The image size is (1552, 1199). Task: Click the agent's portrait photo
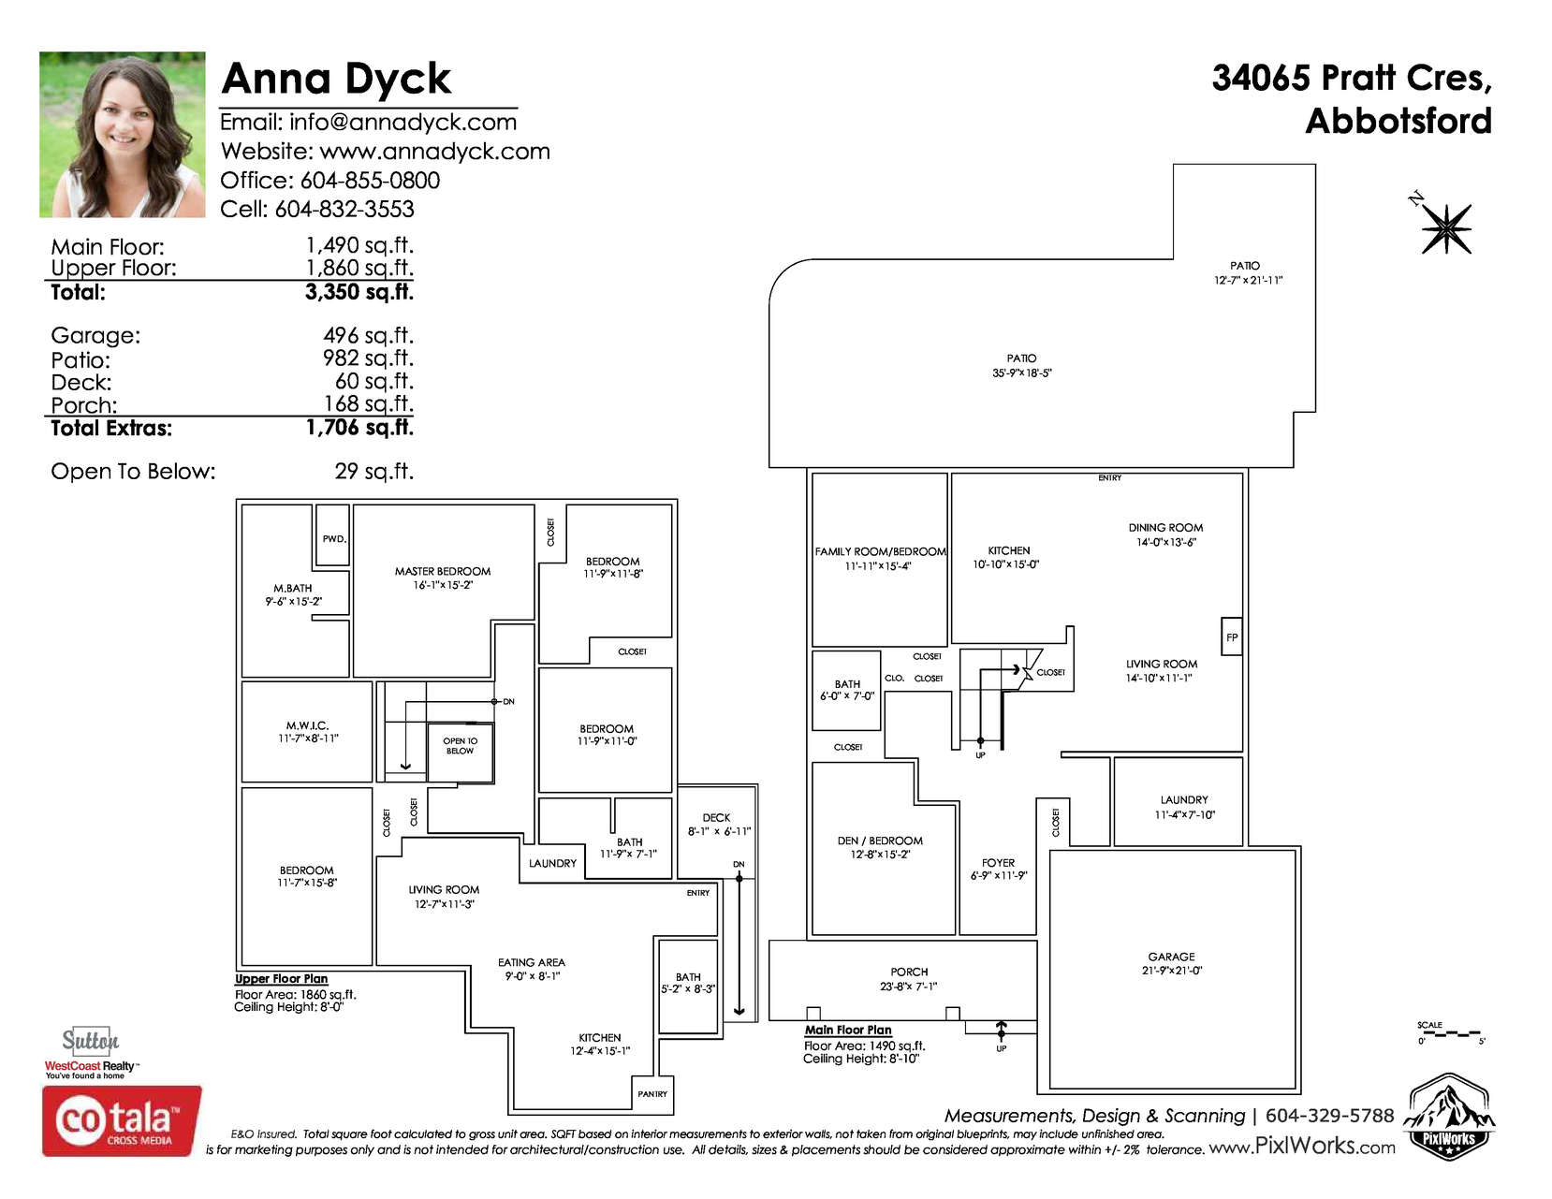coord(122,134)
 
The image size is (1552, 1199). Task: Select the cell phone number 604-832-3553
coord(344,210)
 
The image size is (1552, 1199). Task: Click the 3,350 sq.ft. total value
coord(359,292)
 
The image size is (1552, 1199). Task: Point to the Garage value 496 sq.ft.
coord(368,336)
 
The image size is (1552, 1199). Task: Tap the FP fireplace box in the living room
coord(1231,636)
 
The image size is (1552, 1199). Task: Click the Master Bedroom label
coord(443,571)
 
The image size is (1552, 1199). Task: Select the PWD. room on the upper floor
coord(333,534)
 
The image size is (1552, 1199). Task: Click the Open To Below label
coord(460,746)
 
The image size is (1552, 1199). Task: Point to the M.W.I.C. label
coord(307,725)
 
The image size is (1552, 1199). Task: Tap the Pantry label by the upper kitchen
coord(652,1094)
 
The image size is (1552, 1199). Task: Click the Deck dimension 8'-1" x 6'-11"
coord(719,831)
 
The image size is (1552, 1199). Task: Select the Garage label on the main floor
coord(1171,957)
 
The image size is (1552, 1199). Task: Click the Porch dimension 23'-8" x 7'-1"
coord(908,987)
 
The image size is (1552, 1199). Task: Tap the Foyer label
coord(998,863)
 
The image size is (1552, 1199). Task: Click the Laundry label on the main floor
coord(1183,800)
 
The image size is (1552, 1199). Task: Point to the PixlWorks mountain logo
coord(1448,1116)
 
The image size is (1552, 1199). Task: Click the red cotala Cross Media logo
coord(122,1120)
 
